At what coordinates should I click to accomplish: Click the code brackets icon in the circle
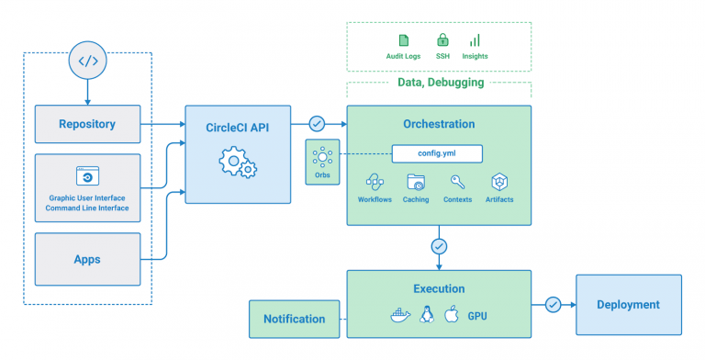click(x=87, y=62)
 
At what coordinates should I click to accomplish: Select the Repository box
click(x=87, y=124)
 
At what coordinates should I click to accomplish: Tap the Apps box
click(x=87, y=259)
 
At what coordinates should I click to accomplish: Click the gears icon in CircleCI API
click(x=237, y=165)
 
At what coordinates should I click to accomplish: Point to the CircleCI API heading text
click(x=237, y=127)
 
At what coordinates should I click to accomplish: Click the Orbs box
click(x=321, y=162)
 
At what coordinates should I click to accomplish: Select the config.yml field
click(x=436, y=154)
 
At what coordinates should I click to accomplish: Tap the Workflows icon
click(x=375, y=182)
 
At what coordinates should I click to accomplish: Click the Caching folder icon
click(x=415, y=182)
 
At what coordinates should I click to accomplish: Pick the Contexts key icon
click(x=457, y=182)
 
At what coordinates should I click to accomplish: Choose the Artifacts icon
click(x=499, y=182)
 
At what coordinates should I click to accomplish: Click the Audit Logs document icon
click(x=404, y=40)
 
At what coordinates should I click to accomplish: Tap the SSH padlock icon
click(x=442, y=40)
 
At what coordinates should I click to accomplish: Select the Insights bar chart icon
click(x=475, y=40)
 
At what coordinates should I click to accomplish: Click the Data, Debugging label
click(x=441, y=83)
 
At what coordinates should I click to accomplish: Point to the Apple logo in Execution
click(x=451, y=314)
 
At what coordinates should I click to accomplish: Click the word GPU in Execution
click(x=478, y=314)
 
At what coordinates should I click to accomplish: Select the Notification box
click(x=294, y=319)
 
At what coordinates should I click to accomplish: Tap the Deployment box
click(x=628, y=305)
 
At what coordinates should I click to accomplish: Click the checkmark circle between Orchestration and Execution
click(x=439, y=246)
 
